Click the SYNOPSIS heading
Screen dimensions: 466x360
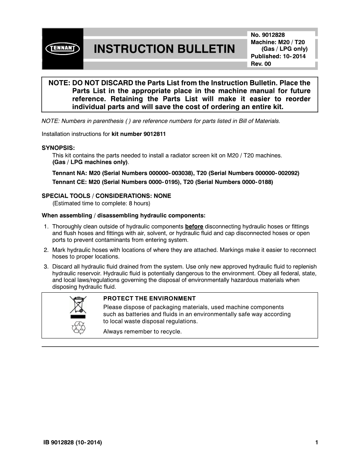58,148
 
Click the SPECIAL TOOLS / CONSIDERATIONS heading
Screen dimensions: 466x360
106,196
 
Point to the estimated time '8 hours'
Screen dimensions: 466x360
139,203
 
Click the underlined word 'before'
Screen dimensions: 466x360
194,227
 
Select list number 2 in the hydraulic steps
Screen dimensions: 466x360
46,250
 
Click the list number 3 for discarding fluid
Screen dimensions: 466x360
46,267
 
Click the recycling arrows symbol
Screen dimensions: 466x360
78,328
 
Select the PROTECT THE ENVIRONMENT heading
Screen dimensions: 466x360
149,299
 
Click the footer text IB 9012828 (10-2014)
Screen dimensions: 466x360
72,442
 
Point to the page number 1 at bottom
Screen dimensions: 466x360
317,442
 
